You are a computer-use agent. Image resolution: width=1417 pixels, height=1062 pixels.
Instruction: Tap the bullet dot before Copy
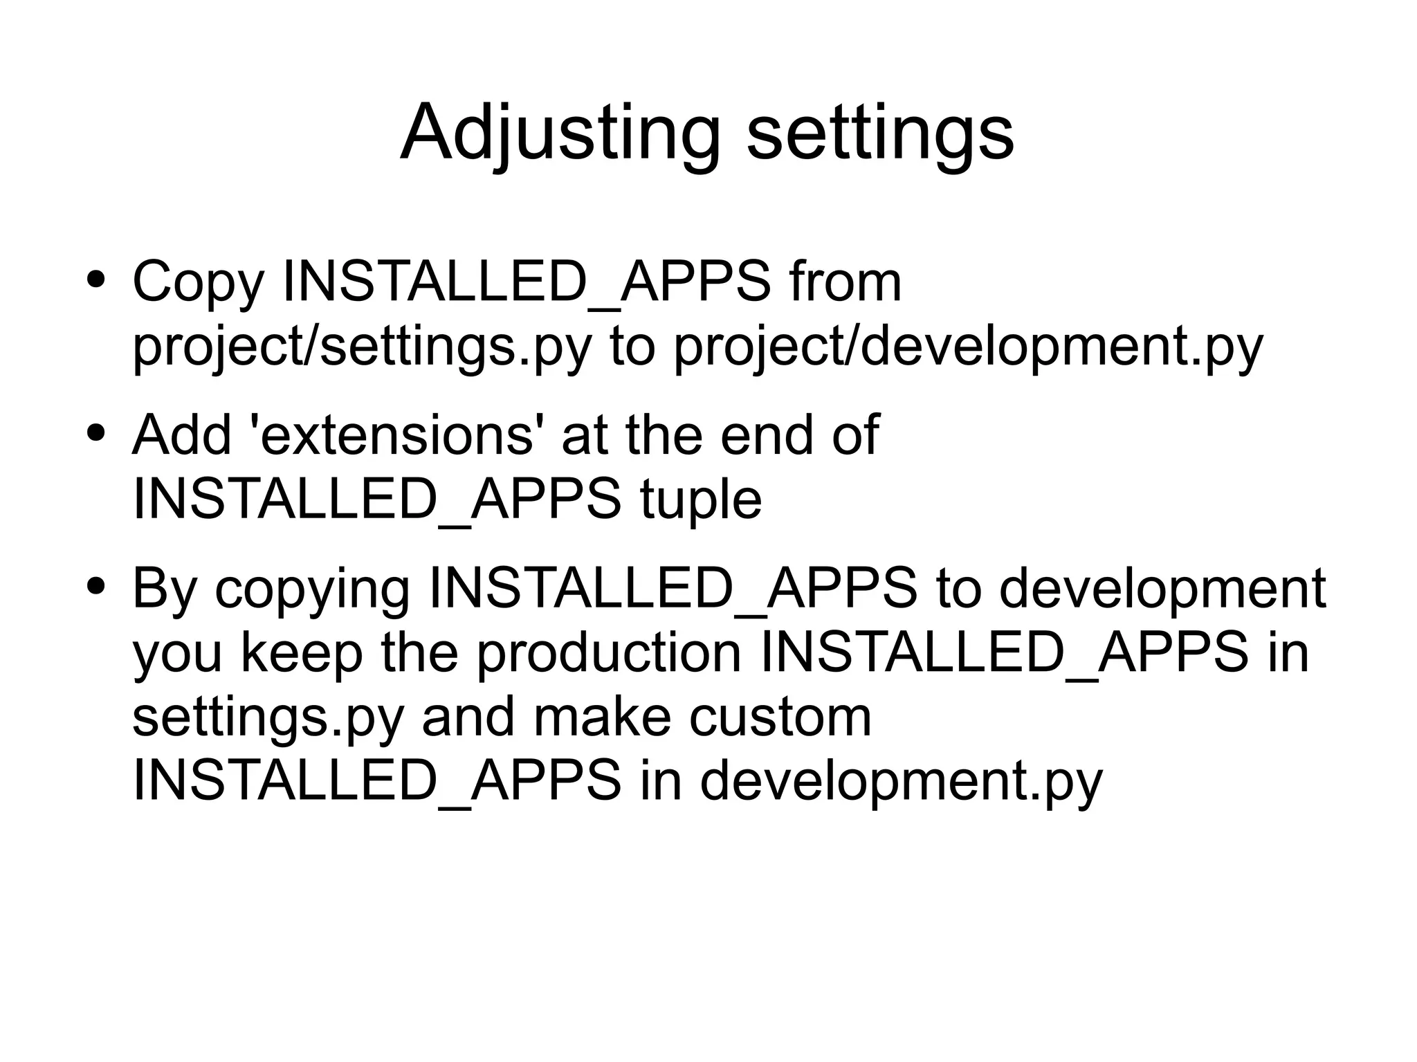[96, 280]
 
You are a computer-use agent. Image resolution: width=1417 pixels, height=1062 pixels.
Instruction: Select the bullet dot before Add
[96, 433]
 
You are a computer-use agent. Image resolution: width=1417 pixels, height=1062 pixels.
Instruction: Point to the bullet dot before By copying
[96, 586]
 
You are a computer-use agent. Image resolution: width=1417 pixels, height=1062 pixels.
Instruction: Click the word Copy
[199, 282]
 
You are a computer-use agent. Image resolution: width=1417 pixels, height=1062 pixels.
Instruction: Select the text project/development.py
[968, 347]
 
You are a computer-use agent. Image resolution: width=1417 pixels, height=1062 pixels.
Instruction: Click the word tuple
[701, 500]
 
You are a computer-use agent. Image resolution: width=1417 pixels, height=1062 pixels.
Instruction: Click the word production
[609, 653]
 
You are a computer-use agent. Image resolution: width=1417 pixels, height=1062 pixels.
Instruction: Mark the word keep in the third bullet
[302, 653]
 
